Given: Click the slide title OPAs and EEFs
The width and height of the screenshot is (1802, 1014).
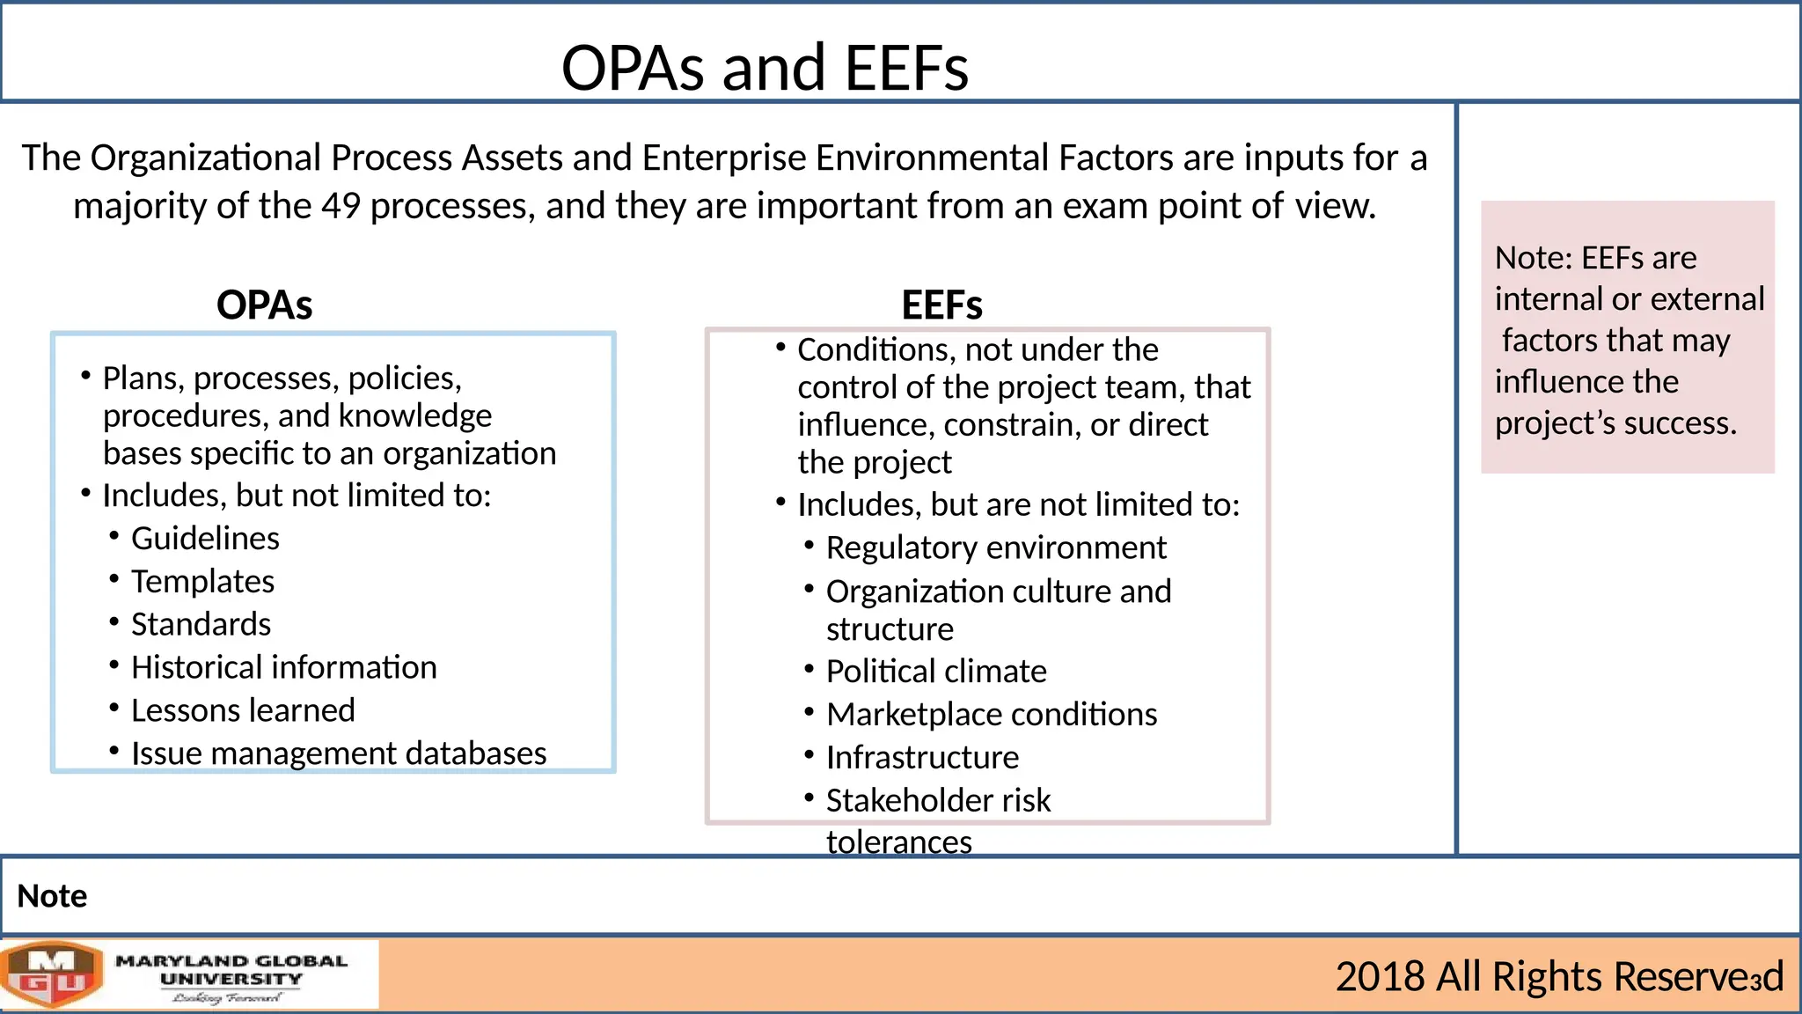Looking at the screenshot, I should coord(765,68).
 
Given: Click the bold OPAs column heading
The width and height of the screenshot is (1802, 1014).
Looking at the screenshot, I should coord(264,305).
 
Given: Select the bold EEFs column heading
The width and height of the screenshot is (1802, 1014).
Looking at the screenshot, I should coord(941,305).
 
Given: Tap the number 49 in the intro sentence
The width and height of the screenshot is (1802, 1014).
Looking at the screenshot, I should coord(341,206).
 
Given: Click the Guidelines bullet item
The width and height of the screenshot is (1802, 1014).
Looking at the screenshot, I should coord(205,539).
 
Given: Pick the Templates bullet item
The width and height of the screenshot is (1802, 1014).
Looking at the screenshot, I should coord(202,582).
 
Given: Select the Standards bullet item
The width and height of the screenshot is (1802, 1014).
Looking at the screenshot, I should coord(201,625).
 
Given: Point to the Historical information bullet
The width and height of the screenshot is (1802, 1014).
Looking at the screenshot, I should coord(283,668).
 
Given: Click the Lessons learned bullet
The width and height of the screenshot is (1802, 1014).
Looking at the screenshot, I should coord(243,711).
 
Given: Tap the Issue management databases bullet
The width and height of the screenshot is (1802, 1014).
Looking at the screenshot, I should coord(339,754).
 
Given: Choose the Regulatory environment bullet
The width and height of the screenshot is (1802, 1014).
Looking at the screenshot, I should coord(996,548).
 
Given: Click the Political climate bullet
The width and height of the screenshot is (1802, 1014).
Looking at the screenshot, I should coord(936,672).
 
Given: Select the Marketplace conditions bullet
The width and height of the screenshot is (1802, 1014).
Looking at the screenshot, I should coord(992,715).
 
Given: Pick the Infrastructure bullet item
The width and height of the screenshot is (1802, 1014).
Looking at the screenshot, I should coord(922,758).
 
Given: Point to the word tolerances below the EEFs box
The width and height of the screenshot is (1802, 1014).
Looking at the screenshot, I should coord(898,842).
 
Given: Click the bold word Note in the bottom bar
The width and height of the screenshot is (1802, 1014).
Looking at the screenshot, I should coord(52,896).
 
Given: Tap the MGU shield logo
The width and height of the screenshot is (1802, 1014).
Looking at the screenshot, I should coord(53,974).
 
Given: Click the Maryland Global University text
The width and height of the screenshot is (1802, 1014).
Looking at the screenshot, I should coord(231,970).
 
